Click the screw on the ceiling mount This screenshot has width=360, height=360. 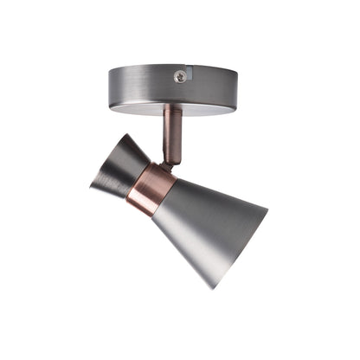(x=179, y=76)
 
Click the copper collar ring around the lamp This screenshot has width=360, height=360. (x=151, y=188)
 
